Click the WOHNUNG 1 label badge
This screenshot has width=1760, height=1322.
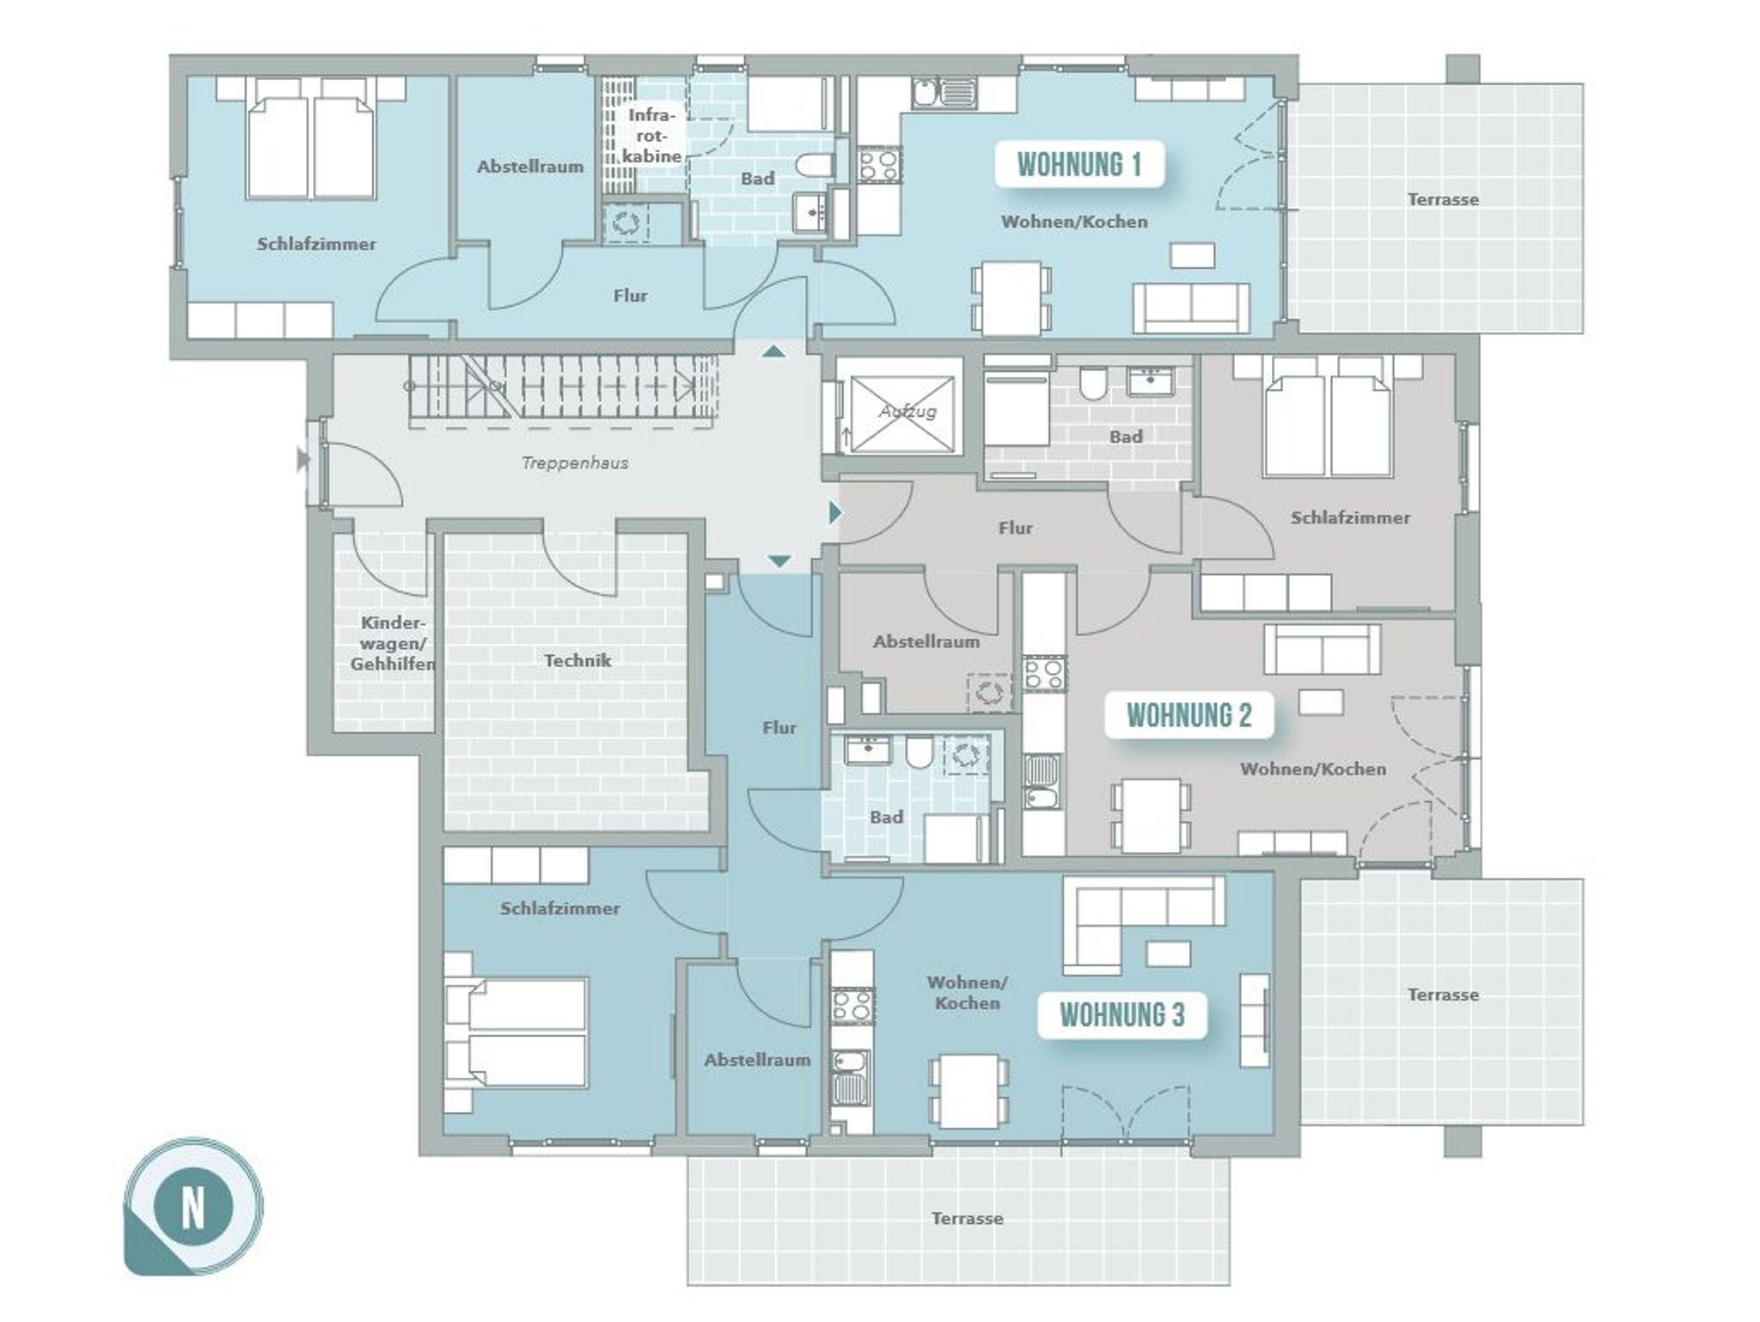pos(1079,164)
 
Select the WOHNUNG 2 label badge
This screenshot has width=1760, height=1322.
pos(1189,715)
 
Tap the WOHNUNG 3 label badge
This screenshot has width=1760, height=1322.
pos(1122,1015)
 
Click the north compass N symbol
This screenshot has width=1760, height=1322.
pos(193,1208)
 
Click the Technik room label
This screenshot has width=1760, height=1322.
pos(577,660)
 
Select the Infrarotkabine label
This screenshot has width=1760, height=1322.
pos(651,135)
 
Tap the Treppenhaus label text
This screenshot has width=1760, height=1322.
pos(575,463)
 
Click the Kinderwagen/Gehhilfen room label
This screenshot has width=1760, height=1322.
pos(392,643)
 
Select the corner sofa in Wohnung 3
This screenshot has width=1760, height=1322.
pos(1143,924)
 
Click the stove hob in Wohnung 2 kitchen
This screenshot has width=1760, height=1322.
pos(1044,673)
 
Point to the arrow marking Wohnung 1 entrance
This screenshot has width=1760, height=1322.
pos(774,350)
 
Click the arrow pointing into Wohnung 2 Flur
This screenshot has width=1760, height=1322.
pos(834,513)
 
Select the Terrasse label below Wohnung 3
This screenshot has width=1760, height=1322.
pos(967,1219)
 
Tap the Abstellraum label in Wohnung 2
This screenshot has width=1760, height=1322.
pos(926,641)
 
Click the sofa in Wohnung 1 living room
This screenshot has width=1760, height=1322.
pos(1191,307)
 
